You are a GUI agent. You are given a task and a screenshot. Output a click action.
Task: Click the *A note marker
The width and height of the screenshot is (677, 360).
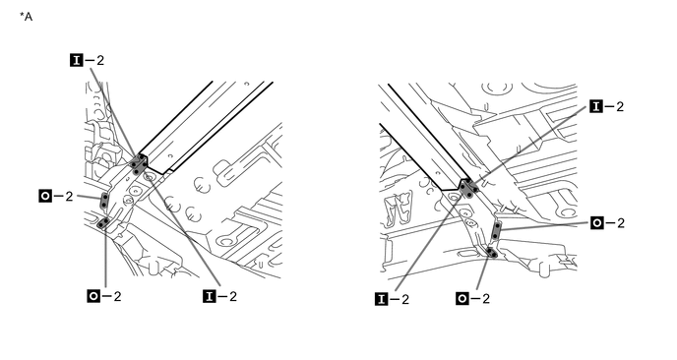click(x=26, y=17)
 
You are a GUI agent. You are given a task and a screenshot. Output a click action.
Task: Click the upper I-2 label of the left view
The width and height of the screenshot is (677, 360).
click(x=87, y=60)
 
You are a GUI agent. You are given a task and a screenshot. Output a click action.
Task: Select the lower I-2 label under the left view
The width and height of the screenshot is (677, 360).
click(x=219, y=296)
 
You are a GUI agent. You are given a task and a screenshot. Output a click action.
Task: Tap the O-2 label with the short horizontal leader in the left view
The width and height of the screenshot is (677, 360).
click(x=56, y=197)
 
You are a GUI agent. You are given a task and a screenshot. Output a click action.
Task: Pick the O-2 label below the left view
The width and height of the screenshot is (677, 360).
click(x=104, y=296)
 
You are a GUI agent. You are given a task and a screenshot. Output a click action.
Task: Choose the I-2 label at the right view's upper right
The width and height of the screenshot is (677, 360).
click(x=607, y=106)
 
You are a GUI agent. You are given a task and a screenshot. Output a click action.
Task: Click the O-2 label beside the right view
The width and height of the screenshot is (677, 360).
click(x=607, y=222)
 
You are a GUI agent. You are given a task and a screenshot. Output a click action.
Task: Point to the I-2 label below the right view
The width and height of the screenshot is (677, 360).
click(x=392, y=299)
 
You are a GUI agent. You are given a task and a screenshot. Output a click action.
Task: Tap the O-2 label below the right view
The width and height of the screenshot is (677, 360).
click(x=472, y=298)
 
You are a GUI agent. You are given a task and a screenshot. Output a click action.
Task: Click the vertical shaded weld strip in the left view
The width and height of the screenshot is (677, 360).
click(x=104, y=201)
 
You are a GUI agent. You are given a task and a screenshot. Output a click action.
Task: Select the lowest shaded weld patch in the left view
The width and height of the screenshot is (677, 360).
click(x=103, y=222)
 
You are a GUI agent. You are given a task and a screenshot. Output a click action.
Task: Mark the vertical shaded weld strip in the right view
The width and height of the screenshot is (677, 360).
click(x=497, y=231)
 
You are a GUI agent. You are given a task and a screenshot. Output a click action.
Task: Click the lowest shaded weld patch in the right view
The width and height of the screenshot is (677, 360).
click(x=492, y=252)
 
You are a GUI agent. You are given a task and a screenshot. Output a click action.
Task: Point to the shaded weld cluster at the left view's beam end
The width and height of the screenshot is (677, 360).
click(x=138, y=165)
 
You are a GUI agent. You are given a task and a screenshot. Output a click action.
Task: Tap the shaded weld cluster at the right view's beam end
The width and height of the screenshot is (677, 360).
click(x=468, y=188)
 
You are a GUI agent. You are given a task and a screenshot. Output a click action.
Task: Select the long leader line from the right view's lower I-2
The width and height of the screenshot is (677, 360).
click(x=430, y=239)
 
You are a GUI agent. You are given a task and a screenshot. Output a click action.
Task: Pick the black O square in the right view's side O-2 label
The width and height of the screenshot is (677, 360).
click(x=597, y=222)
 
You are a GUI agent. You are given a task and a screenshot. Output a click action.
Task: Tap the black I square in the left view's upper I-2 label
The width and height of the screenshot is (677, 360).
click(x=77, y=60)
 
